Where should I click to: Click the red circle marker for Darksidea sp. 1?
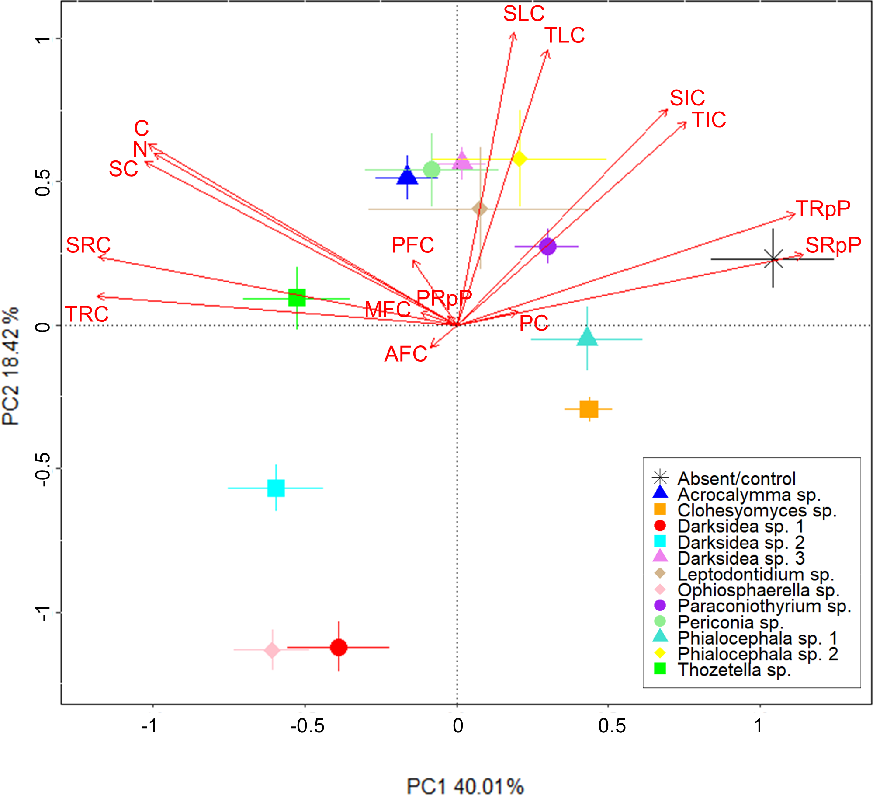(x=339, y=647)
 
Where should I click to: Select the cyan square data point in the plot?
(x=276, y=488)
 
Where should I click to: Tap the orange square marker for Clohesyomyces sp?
(x=589, y=409)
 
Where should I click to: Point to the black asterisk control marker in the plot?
(x=773, y=259)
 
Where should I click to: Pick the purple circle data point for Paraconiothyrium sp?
(x=547, y=246)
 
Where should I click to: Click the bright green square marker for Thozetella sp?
(x=297, y=298)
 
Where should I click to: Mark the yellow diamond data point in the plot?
(x=520, y=159)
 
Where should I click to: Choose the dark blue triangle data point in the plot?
(x=407, y=176)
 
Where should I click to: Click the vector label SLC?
(x=523, y=14)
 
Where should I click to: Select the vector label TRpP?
(x=823, y=209)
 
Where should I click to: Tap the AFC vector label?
(x=405, y=354)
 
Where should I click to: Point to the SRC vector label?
(x=88, y=245)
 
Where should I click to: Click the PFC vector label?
(x=412, y=245)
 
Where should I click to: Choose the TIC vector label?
(x=709, y=120)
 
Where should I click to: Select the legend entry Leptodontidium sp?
(x=755, y=574)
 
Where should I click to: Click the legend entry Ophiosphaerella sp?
(x=758, y=590)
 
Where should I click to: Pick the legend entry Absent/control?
(x=736, y=479)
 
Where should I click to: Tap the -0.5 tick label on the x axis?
(x=307, y=726)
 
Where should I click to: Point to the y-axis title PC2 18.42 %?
(x=10, y=366)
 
